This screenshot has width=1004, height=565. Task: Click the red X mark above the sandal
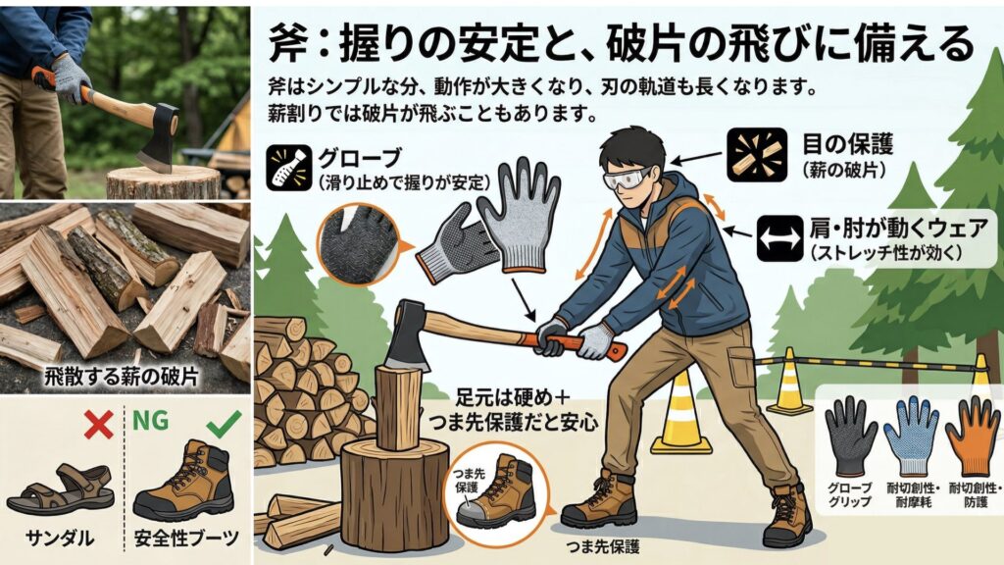click(x=99, y=424)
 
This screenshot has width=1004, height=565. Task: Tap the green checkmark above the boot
click(x=225, y=424)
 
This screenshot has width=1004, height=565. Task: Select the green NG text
click(x=151, y=421)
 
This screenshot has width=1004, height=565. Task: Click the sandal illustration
click(x=60, y=490)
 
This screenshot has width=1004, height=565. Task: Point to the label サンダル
click(x=60, y=538)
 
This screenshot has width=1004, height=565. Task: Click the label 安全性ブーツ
click(x=186, y=538)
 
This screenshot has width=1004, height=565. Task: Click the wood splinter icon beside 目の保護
click(x=757, y=154)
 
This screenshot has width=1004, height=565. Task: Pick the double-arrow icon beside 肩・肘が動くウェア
click(x=779, y=238)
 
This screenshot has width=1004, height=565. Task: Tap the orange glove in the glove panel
click(x=971, y=437)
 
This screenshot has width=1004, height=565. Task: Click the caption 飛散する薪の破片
click(x=122, y=376)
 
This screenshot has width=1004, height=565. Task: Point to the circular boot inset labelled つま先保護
click(x=497, y=491)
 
